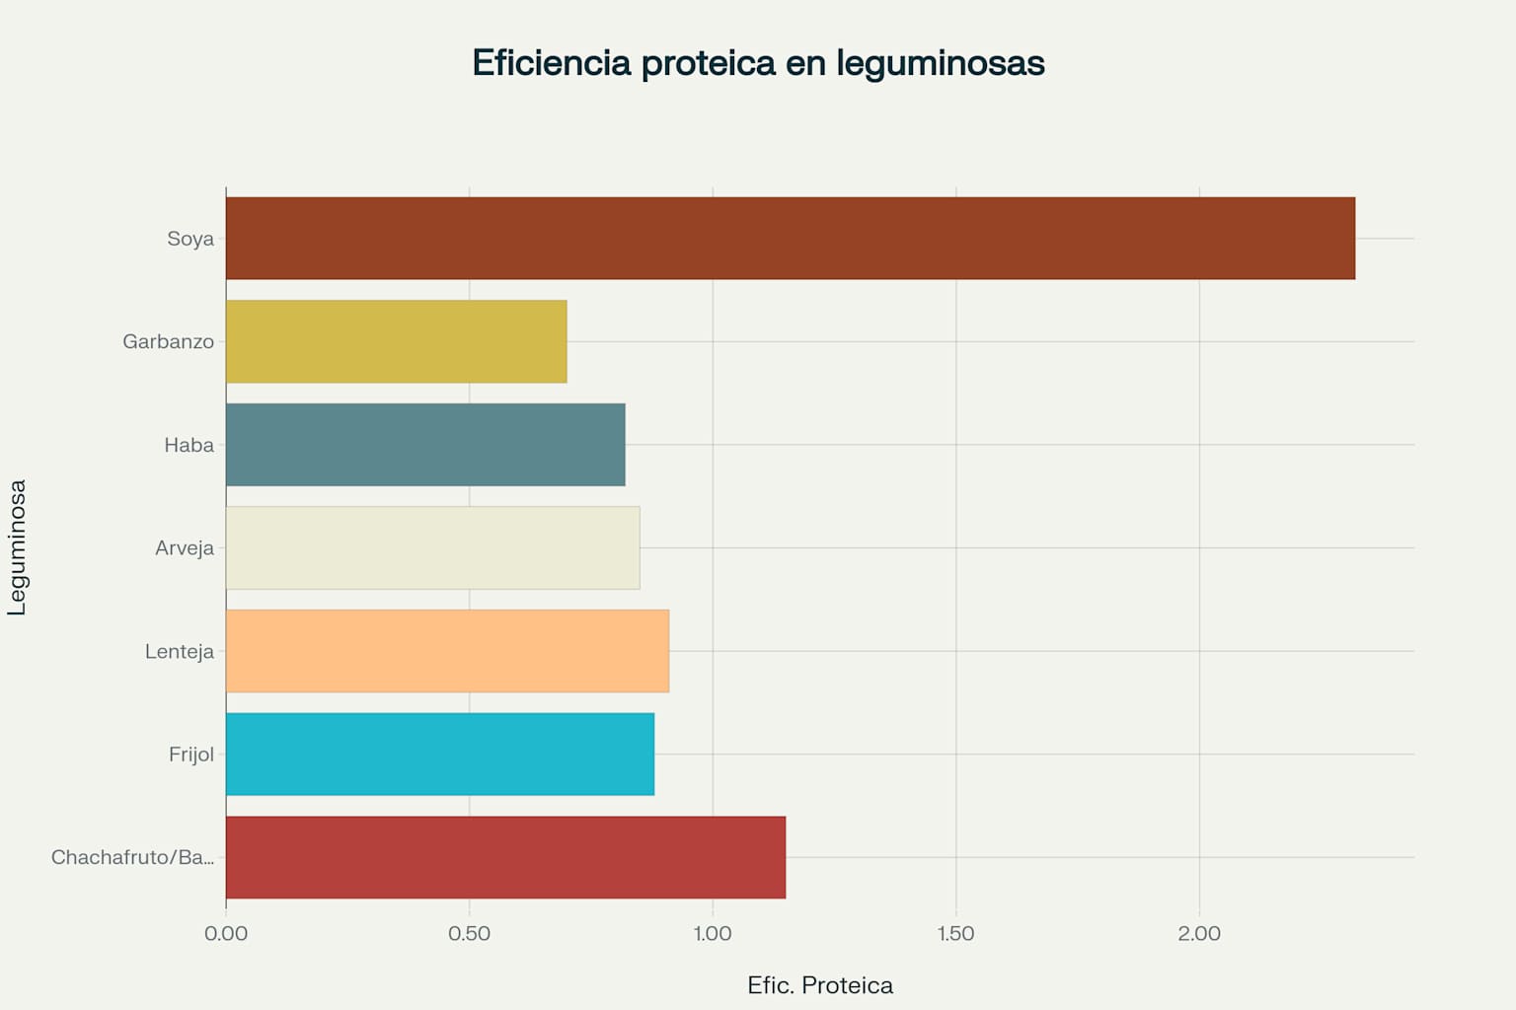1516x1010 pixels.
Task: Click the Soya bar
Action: (790, 238)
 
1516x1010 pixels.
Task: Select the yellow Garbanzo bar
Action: (396, 341)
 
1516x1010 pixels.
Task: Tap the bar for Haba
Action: (425, 445)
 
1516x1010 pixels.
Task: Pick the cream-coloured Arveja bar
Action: (432, 547)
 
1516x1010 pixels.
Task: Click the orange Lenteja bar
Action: (447, 651)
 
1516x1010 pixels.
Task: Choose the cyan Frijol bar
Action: (439, 754)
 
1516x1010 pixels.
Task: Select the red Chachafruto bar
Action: (505, 857)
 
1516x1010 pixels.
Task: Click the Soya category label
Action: (190, 239)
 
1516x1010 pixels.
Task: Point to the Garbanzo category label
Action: (168, 341)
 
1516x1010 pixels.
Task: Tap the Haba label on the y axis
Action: (189, 445)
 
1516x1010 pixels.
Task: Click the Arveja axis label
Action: (185, 547)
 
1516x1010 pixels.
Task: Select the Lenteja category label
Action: (180, 651)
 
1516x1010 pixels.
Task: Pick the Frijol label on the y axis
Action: (191, 754)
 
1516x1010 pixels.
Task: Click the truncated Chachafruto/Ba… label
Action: (132, 857)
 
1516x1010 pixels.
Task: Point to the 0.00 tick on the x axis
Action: (226, 933)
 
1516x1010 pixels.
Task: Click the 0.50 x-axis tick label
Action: (469, 933)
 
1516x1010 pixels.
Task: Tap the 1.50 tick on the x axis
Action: (955, 933)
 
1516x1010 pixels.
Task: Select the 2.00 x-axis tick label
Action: (1199, 933)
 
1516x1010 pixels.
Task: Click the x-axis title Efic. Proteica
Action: (820, 985)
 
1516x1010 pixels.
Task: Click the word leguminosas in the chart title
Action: (940, 63)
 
